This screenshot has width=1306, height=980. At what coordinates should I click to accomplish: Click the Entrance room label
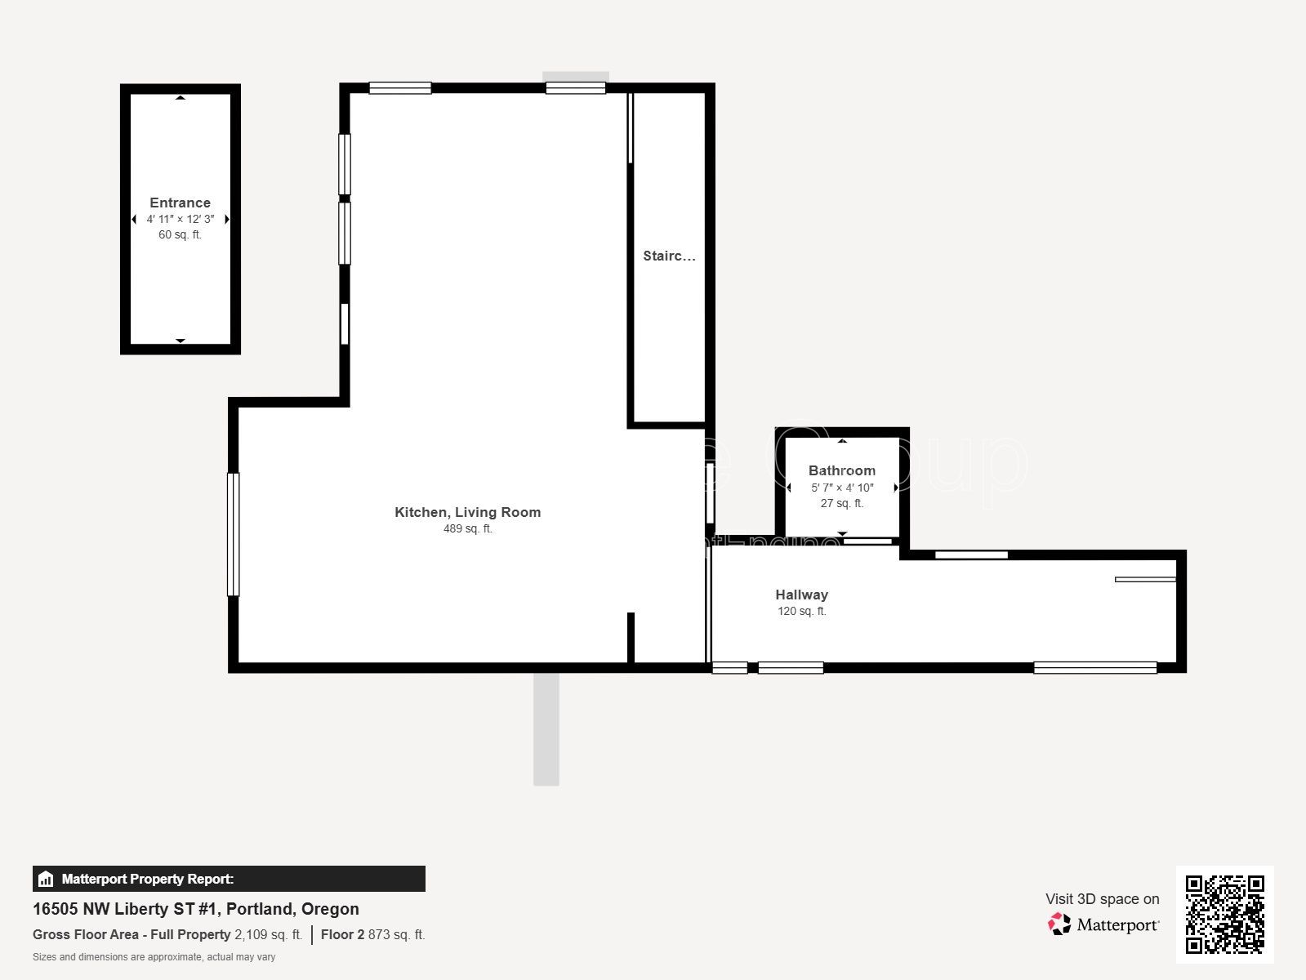[180, 203]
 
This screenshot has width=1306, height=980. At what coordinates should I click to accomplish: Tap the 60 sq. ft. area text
[180, 234]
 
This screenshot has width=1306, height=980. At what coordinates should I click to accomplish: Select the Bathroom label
[841, 470]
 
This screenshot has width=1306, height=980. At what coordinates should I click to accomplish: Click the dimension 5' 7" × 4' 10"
[841, 488]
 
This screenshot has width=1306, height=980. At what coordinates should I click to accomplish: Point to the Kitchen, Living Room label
[467, 512]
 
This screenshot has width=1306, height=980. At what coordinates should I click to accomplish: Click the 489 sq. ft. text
[467, 528]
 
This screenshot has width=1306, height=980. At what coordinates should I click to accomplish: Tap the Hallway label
[801, 595]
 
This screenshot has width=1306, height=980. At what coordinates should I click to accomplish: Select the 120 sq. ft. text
[801, 611]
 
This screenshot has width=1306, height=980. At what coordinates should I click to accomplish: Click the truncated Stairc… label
[669, 256]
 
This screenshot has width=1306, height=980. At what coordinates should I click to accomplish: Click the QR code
[1224, 914]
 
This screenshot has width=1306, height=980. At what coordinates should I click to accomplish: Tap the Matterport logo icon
[1059, 924]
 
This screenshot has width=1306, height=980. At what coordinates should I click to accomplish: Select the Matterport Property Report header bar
[229, 879]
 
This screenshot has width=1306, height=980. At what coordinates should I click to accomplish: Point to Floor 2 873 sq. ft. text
[372, 934]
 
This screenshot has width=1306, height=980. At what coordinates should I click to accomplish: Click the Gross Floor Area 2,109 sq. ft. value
[268, 934]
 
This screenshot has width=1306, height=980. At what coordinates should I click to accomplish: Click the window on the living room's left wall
[233, 534]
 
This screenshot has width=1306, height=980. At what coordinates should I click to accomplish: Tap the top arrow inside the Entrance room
[181, 98]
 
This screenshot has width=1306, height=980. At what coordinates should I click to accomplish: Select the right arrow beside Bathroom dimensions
[896, 488]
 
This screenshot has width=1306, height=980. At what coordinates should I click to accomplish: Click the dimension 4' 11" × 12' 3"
[180, 219]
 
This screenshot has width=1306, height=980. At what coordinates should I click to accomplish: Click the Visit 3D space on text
[1102, 899]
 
